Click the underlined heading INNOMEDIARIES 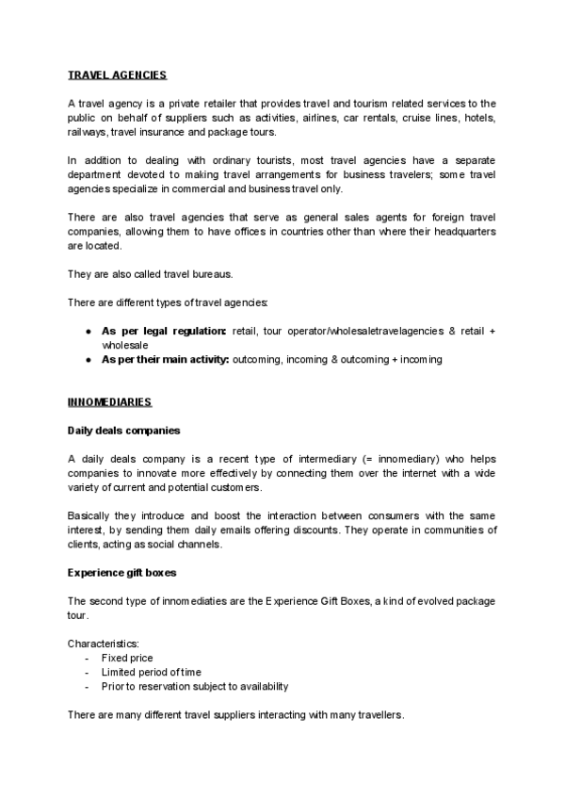pyautogui.click(x=109, y=402)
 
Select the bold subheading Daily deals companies pyautogui.click(x=123, y=431)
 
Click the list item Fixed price pyautogui.click(x=127, y=658)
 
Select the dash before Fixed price pyautogui.click(x=88, y=658)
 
